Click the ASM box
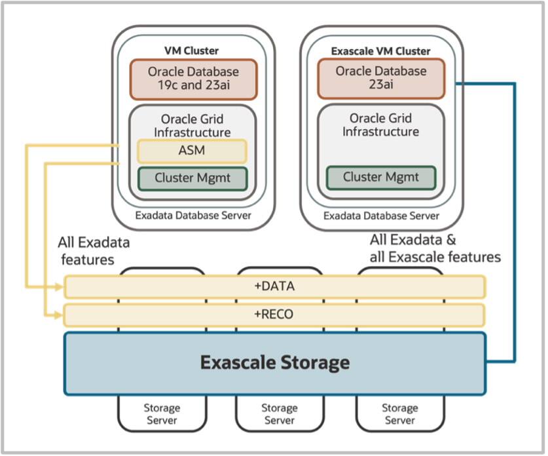(x=191, y=151)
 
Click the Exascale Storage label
(x=274, y=362)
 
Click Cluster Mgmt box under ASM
(x=192, y=178)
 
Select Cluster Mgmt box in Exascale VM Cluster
(x=380, y=178)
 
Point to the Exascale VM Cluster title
(x=380, y=50)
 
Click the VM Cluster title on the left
(x=191, y=50)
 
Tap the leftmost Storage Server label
(x=162, y=414)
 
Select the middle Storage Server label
(x=280, y=414)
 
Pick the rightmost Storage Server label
(x=399, y=414)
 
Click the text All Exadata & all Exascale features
(x=435, y=248)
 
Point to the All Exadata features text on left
(x=94, y=251)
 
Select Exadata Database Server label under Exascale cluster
(x=381, y=216)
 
